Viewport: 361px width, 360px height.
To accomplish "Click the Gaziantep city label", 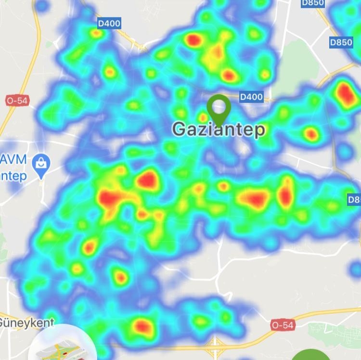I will click(219, 129).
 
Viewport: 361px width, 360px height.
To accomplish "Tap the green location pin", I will click(219, 107).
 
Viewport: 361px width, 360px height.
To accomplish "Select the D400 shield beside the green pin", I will click(251, 97).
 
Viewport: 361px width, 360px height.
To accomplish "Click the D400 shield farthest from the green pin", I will click(109, 23).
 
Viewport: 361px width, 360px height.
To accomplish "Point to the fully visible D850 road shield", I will click(341, 42).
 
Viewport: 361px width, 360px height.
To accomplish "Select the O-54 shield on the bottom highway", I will click(282, 325).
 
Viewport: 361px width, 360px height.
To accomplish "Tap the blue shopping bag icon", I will click(41, 164).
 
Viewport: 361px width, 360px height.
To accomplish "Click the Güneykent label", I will click(26, 322).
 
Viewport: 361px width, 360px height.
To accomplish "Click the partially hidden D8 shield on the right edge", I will click(354, 198).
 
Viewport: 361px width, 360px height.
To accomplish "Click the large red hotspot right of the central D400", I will click(345, 94).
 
